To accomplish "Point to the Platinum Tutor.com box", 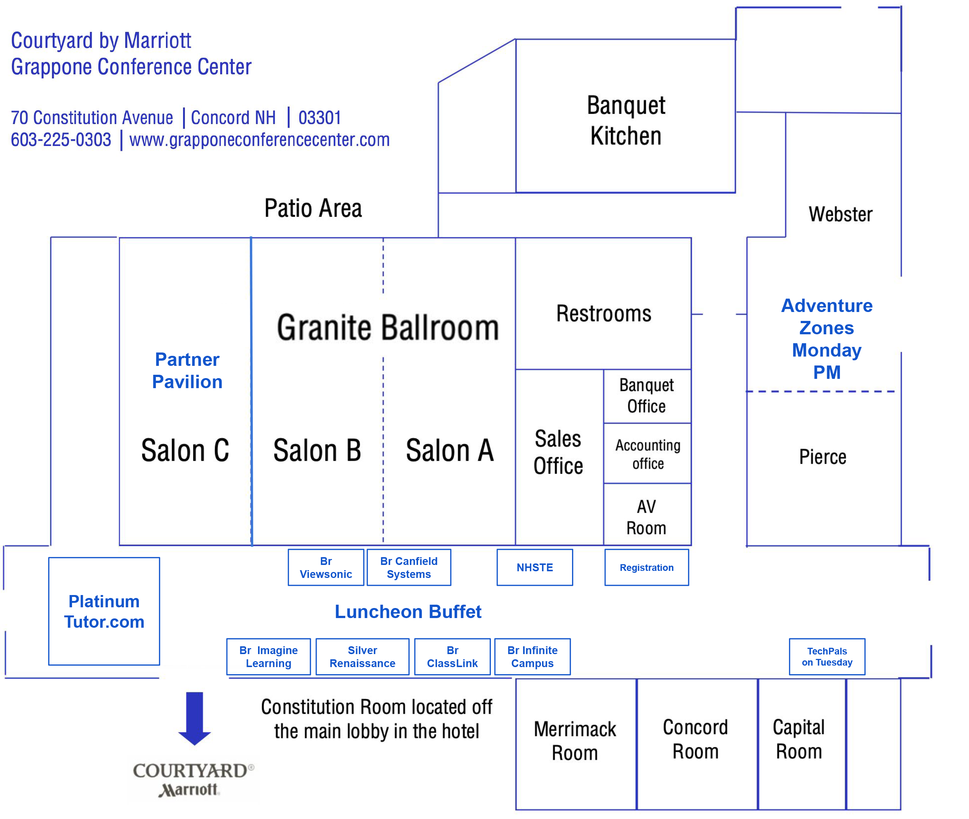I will point(104,611).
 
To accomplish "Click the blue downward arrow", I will point(195,718).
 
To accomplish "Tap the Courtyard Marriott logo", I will point(192,780).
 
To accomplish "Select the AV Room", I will point(646,517).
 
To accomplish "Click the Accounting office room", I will point(647,454).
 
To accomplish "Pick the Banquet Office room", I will point(646,396).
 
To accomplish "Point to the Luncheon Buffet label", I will point(408,611).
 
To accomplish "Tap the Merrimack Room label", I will point(575,741).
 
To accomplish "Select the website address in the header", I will point(259,140).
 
